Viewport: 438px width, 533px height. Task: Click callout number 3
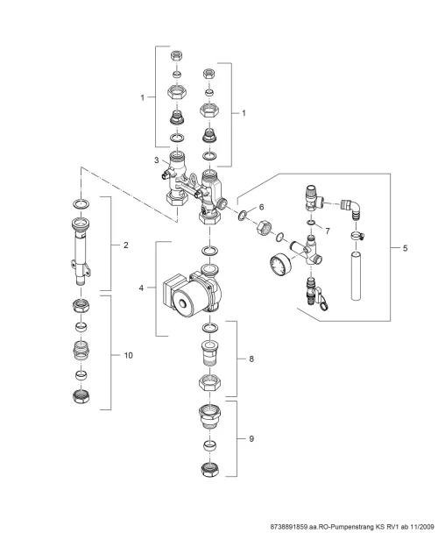click(x=156, y=160)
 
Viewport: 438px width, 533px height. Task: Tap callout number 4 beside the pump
click(x=141, y=288)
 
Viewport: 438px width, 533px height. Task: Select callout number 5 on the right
click(x=405, y=248)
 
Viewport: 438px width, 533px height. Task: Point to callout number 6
click(x=261, y=207)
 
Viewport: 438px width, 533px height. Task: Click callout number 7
click(x=328, y=231)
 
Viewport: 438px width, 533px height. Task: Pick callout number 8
click(x=251, y=359)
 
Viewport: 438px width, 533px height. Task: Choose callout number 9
click(x=251, y=439)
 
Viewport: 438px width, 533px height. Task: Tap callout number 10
click(x=128, y=356)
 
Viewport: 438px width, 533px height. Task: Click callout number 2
click(x=126, y=245)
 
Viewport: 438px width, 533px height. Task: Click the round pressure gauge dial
click(x=280, y=266)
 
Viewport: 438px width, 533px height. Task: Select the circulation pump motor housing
click(x=193, y=292)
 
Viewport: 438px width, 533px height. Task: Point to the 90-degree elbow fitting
click(x=351, y=208)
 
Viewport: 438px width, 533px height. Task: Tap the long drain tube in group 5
click(x=356, y=275)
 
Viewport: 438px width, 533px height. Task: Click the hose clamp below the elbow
click(x=357, y=235)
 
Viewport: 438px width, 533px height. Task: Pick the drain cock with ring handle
click(x=317, y=294)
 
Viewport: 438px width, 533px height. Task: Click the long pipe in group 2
click(x=81, y=251)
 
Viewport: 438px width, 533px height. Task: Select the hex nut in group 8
click(x=209, y=381)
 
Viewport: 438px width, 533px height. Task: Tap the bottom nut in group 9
click(x=209, y=469)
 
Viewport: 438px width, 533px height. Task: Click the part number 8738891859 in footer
click(x=288, y=527)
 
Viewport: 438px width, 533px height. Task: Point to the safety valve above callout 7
click(x=314, y=198)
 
